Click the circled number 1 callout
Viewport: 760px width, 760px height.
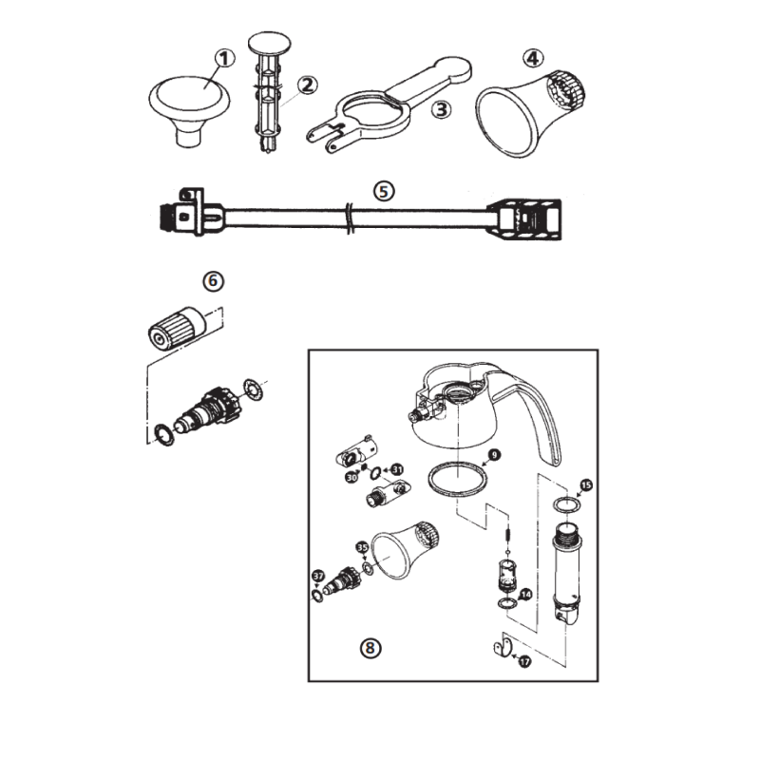click(x=225, y=59)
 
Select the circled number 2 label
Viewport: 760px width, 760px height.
click(x=307, y=85)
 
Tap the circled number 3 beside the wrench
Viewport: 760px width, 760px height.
click(x=440, y=110)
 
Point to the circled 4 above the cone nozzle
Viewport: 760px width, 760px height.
click(x=534, y=58)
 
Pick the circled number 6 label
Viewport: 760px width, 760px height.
click(x=212, y=281)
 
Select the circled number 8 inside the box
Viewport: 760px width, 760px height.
click(x=370, y=649)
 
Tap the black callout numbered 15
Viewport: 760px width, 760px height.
click(x=586, y=485)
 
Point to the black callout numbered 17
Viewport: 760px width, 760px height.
click(x=524, y=662)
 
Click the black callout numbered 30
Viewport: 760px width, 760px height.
click(x=351, y=478)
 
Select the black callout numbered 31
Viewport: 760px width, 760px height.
click(x=397, y=469)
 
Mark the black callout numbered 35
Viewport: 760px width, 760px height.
click(x=362, y=547)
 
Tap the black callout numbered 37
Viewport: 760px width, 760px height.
click(x=318, y=575)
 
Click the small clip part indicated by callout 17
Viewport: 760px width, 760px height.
click(x=499, y=650)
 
